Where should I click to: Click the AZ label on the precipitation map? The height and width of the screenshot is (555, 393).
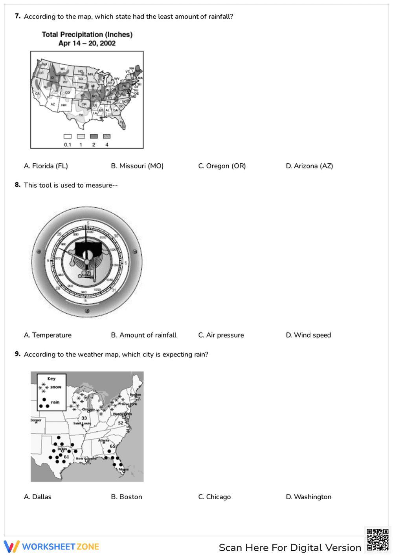pos(53,104)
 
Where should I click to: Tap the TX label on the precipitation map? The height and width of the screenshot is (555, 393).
pos(81,115)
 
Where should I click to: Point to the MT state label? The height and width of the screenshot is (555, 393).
pos(62,69)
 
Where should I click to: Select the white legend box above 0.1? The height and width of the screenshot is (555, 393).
pos(68,136)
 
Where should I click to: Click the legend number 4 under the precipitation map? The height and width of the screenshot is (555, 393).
pos(107,145)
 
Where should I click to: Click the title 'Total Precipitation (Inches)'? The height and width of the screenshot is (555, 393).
pos(87,35)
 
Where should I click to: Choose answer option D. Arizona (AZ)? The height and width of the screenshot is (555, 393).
pos(309,166)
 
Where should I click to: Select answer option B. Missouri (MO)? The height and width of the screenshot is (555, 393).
pos(137,166)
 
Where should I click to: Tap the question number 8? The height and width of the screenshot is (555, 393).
pos(18,185)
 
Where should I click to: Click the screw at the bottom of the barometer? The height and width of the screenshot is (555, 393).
pos(87,311)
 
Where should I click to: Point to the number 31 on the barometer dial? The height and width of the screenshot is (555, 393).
pos(114,290)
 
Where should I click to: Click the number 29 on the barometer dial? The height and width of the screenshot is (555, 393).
pos(59,234)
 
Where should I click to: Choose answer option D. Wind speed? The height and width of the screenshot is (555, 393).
pos(309,335)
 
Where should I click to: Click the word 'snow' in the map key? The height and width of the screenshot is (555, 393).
pos(56,387)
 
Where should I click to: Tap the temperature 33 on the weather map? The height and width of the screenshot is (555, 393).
pos(84,418)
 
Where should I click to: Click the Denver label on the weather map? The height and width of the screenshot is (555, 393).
pos(36,420)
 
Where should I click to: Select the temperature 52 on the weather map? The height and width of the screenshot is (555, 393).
pos(121,423)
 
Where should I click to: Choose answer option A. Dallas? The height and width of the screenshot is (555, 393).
pos(38,497)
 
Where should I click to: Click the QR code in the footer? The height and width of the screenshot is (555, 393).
pos(377,540)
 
